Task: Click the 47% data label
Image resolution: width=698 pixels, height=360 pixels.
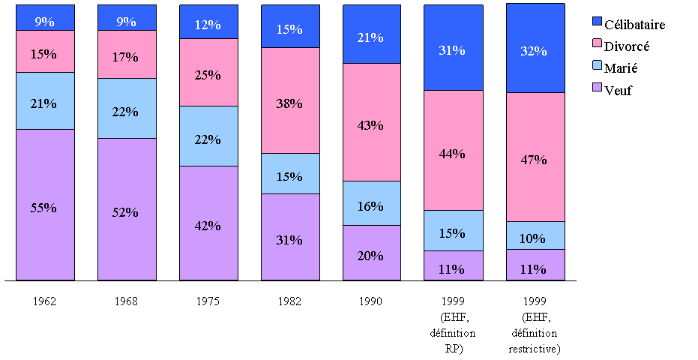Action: (x=535, y=160)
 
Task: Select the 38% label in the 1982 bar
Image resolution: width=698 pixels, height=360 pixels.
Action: (x=290, y=103)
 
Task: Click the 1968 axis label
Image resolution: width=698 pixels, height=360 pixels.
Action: (x=127, y=301)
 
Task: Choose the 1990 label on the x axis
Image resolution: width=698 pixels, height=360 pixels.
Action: (x=371, y=301)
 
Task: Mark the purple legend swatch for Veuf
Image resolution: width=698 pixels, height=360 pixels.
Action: (x=598, y=89)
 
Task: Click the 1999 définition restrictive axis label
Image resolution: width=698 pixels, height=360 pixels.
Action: (x=535, y=325)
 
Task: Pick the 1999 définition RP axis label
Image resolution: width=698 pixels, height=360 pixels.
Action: (x=453, y=325)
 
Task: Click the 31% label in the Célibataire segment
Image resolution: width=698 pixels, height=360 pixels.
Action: (x=453, y=51)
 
